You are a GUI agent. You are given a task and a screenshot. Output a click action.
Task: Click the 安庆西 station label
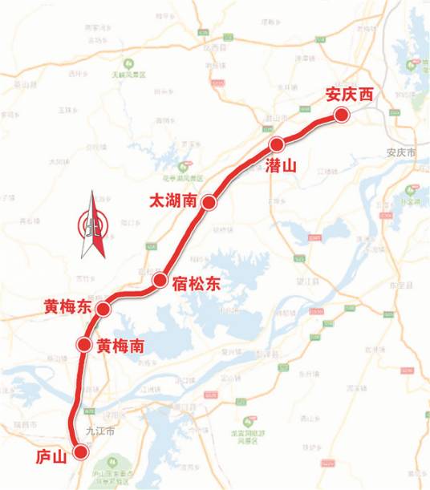[350, 94]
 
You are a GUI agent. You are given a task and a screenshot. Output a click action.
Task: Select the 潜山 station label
[281, 165]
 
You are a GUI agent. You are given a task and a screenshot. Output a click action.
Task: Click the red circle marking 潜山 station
[278, 144]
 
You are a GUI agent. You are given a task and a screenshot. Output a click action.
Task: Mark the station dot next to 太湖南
[209, 203]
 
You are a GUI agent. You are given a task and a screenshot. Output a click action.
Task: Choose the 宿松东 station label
[195, 284]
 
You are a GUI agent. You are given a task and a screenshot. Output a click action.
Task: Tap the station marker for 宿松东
[160, 281]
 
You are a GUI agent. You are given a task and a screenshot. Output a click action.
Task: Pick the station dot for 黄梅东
[103, 309]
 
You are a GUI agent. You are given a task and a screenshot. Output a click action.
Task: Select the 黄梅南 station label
[120, 346]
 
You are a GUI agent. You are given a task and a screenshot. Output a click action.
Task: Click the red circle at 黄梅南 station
[83, 345]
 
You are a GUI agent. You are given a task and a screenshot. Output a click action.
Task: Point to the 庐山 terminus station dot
[80, 452]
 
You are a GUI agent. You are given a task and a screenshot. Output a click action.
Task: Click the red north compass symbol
[93, 225]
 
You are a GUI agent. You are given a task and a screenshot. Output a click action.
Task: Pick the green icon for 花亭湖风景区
[189, 169]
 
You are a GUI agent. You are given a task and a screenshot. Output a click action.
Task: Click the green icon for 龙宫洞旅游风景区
[251, 419]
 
